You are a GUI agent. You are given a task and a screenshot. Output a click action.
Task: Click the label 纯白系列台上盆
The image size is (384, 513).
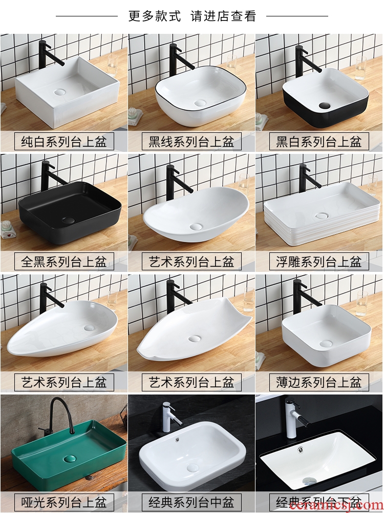tap(64, 142)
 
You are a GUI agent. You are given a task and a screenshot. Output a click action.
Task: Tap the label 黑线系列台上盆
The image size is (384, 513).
tap(191, 142)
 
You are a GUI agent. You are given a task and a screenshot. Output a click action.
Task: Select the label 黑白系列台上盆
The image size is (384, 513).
tap(319, 142)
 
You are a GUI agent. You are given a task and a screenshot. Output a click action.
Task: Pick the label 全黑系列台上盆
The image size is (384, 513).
tap(64, 262)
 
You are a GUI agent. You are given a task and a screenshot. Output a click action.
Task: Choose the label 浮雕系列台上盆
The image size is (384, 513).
tap(319, 262)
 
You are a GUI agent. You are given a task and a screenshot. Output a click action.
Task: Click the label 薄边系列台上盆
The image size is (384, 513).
tap(319, 382)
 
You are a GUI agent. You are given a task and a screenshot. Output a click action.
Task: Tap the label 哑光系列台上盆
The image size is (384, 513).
tap(64, 502)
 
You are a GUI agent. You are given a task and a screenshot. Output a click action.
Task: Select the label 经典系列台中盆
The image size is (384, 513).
tap(191, 502)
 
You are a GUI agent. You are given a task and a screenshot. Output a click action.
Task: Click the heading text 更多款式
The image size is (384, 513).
tap(155, 16)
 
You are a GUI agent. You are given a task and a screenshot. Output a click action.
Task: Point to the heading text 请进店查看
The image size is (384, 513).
tap(223, 16)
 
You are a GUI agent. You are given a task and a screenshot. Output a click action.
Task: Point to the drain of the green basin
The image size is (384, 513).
tap(70, 459)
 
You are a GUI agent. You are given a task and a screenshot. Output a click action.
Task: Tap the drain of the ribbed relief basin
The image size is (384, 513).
tap(322, 215)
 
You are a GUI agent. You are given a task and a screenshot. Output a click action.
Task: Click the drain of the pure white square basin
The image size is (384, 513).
tap(60, 92)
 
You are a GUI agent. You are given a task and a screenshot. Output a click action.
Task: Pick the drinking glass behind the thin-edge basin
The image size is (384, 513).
tap(362, 304)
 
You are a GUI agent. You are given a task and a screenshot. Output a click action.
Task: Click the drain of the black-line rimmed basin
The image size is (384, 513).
tap(200, 104)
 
